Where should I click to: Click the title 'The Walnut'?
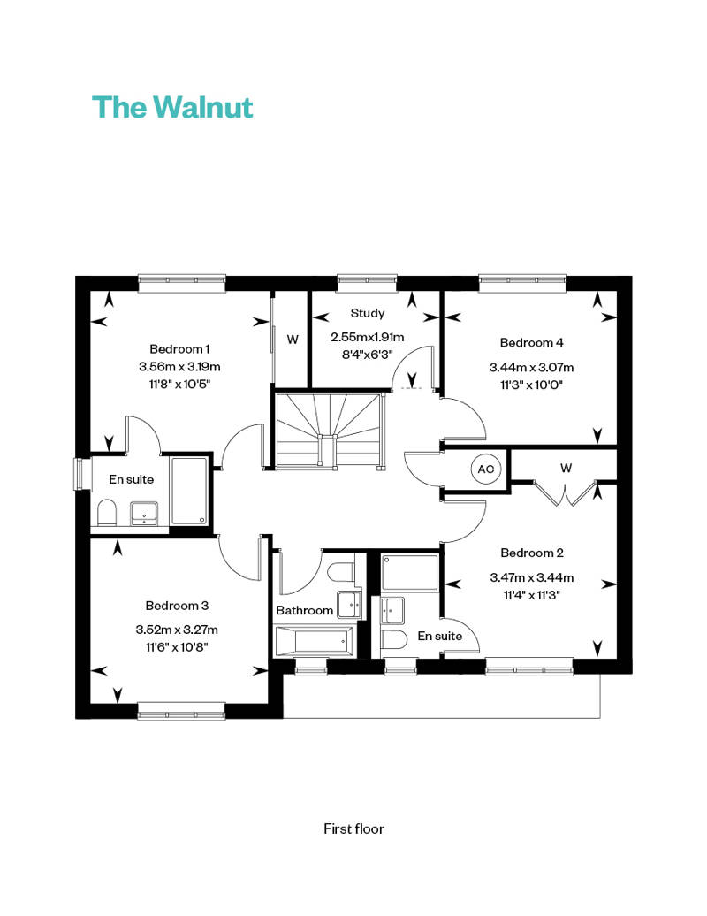pos(172,107)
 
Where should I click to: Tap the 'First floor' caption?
pos(353,828)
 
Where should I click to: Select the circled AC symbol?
pos(486,469)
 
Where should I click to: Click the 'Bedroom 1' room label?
pos(179,348)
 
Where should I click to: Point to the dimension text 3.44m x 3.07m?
pos(531,368)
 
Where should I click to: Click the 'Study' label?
pos(368,313)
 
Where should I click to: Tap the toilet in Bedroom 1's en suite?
pos(107,512)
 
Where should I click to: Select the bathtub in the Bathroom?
pos(314,641)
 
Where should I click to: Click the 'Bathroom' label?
pos(304,610)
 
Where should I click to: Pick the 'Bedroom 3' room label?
pos(177,606)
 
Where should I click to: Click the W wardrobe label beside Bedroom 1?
pos(293,340)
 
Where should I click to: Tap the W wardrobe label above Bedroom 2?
pos(566,468)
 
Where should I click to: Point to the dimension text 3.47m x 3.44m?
pos(532,577)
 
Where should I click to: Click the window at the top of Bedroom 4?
pos(522,283)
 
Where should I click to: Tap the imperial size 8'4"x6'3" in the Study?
pos(368,354)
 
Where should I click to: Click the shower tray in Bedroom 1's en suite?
pos(188,491)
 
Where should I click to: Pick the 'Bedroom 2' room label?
pos(532,553)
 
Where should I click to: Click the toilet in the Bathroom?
pos(341,571)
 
